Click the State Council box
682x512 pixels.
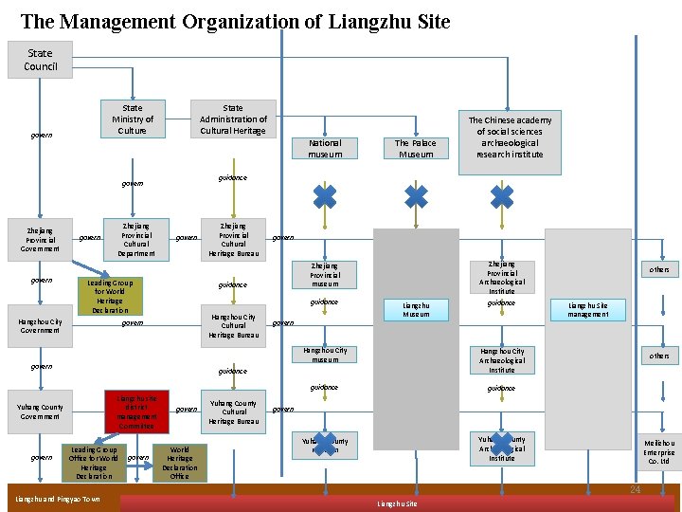pos(40,60)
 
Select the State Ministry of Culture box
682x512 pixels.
pos(133,119)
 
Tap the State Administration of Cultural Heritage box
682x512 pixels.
pos(233,119)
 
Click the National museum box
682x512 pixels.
pos(325,148)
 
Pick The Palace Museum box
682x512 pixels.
pos(416,148)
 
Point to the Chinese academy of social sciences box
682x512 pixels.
pos(510,137)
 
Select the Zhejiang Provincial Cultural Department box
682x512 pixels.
pos(136,239)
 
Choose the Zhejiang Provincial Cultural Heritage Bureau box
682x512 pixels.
pos(234,239)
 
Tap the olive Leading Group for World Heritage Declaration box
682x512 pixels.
pos(110,296)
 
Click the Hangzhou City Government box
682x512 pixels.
pos(39,325)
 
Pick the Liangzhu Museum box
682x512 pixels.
pos(416,309)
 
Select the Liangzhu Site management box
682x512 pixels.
pos(588,309)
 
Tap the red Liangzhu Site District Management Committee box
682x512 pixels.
pos(136,411)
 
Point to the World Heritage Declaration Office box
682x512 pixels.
pos(180,463)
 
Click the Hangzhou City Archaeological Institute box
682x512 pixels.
pos(502,360)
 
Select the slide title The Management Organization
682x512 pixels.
pos(235,20)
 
